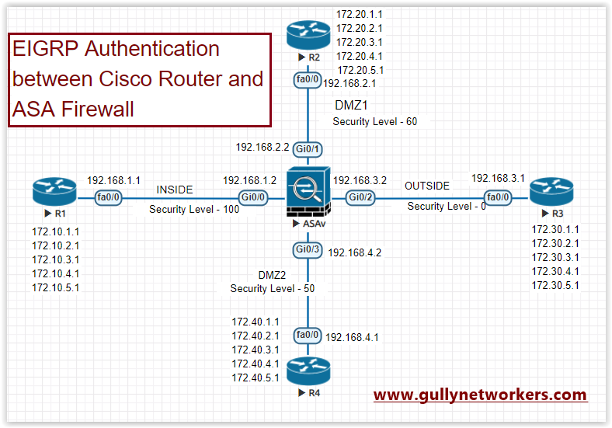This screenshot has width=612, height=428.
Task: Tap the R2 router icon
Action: point(308,35)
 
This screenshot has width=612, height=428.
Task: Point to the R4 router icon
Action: point(308,370)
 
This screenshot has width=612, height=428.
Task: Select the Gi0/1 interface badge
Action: point(308,147)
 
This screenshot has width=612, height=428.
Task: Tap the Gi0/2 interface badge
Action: point(360,198)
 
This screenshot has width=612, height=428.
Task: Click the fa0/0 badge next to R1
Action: point(107,198)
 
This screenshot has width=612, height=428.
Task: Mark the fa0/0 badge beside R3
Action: point(498,198)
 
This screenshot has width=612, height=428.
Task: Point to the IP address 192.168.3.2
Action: point(360,179)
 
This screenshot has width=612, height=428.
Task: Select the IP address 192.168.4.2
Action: point(354,252)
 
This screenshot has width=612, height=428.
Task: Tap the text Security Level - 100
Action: point(194,210)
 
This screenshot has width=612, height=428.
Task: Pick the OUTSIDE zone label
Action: point(426,186)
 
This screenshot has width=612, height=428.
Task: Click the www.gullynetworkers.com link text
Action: point(480,395)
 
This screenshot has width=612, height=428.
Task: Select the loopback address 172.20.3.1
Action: point(359,42)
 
